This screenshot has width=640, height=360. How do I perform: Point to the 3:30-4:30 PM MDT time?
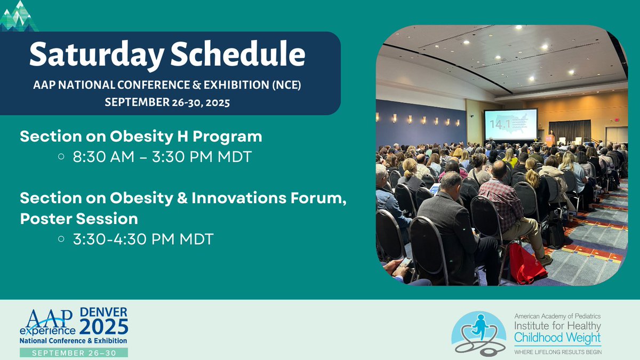click(143, 239)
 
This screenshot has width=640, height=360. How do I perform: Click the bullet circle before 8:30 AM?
click(61, 158)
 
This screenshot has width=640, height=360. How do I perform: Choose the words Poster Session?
click(79, 219)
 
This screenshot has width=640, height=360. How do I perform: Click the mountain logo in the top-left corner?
click(19, 16)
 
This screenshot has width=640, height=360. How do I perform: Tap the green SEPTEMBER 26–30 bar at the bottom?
click(74, 353)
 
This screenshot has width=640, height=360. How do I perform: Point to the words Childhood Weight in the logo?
click(557, 337)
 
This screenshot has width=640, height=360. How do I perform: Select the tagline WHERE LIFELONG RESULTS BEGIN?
click(557, 351)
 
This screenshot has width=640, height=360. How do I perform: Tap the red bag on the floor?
click(527, 263)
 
